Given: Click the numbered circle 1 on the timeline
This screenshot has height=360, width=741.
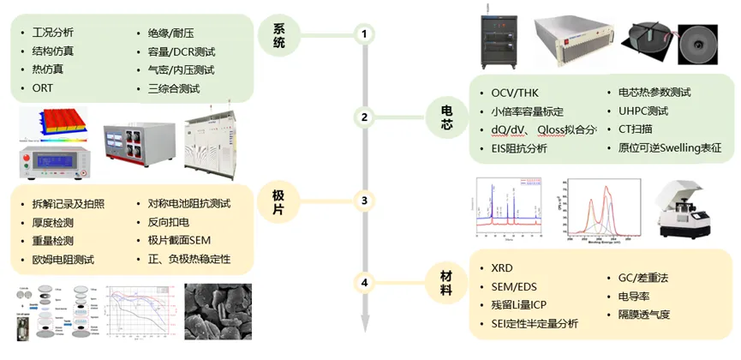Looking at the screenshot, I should click(364, 34).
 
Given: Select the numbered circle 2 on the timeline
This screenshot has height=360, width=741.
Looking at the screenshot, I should click(364, 117).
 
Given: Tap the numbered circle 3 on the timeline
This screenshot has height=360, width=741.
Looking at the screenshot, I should click(364, 201).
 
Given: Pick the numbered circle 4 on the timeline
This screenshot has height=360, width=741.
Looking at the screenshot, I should click(364, 282).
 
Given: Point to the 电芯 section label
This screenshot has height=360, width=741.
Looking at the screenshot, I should click(447, 117).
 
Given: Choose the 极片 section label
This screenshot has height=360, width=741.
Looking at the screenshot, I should click(278, 201).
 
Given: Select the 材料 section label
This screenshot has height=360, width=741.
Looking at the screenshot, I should click(447, 282).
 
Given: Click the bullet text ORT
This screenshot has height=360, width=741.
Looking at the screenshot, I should click(43, 88).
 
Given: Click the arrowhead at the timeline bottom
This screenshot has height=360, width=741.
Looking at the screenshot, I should click(364, 324).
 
